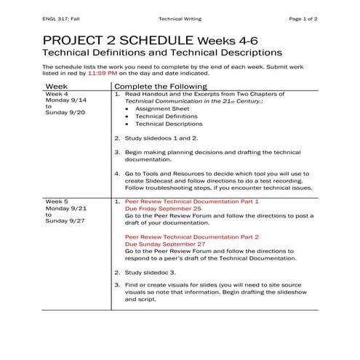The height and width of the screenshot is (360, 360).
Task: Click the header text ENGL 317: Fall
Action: (61, 17)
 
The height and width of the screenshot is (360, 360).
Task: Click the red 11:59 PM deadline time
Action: (102, 73)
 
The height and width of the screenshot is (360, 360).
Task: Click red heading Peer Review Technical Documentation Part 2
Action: (192, 236)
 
